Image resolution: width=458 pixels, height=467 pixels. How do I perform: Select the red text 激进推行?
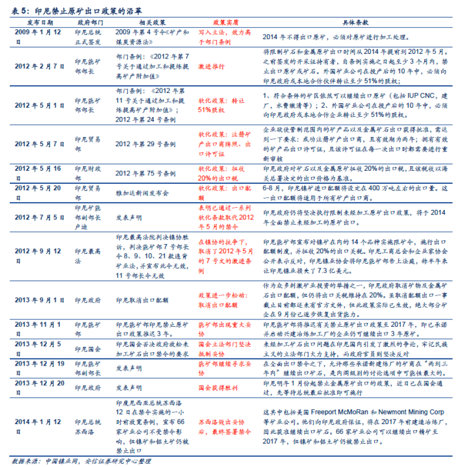214,66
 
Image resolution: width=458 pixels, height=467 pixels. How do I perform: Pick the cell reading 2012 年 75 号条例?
146,173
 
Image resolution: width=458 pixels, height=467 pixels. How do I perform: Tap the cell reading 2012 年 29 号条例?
146,144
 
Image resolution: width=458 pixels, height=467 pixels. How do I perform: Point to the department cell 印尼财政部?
89,171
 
